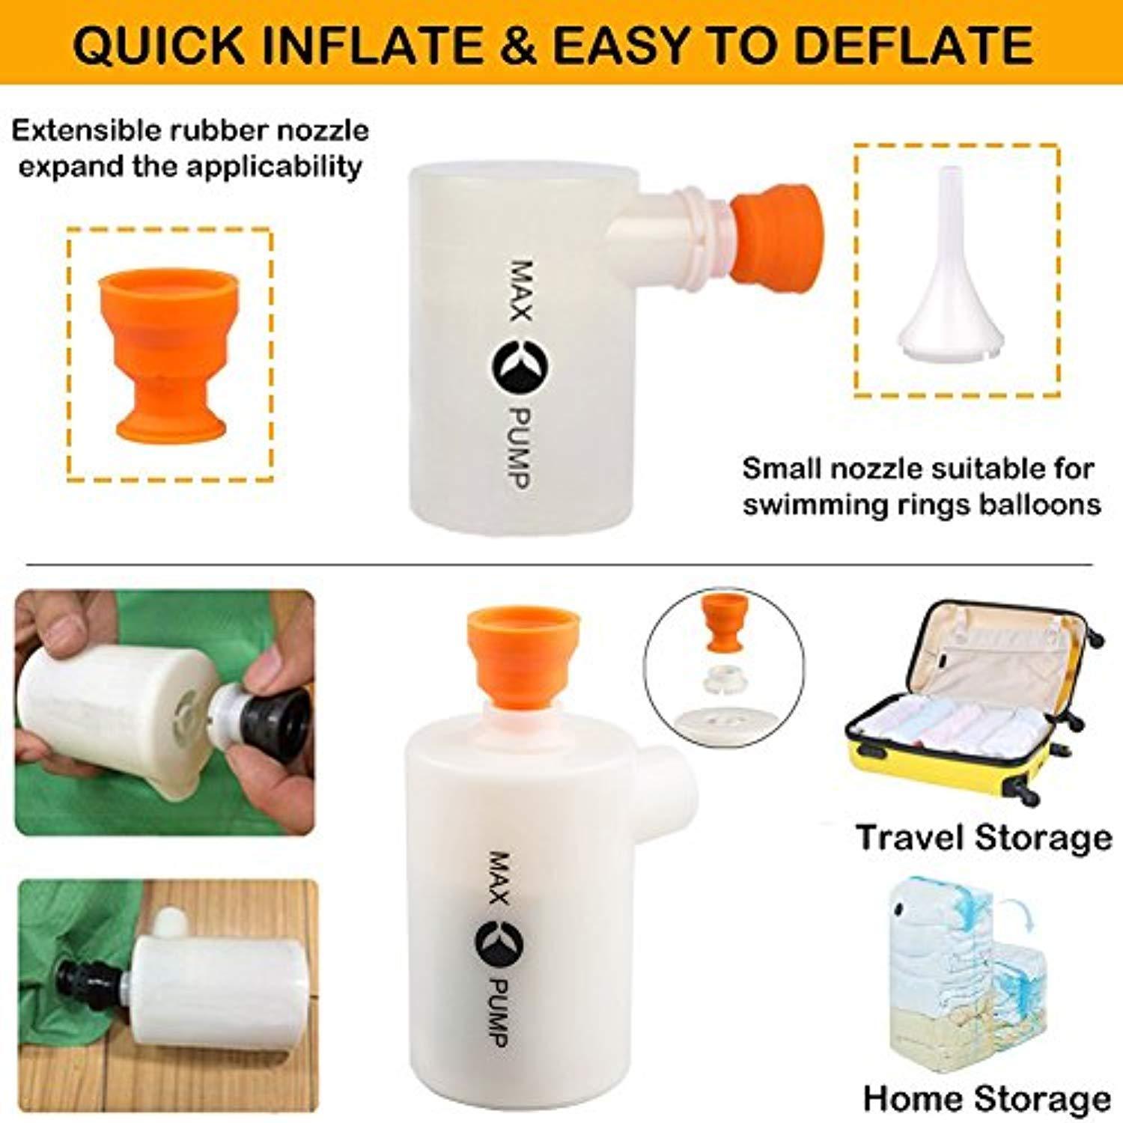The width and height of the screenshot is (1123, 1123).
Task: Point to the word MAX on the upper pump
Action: coord(520,290)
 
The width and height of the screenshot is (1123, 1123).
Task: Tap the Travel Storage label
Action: coord(983,837)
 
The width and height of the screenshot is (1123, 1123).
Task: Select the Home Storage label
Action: coord(987,1098)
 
